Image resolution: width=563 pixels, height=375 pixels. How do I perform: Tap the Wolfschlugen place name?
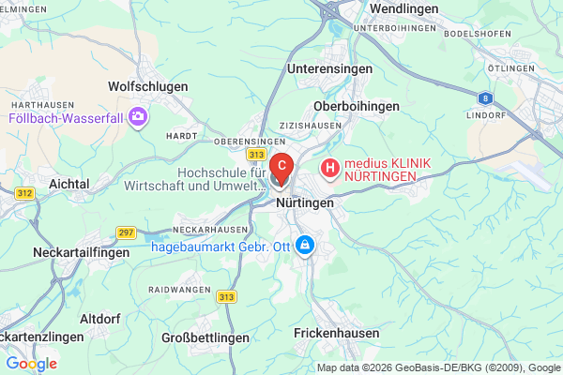click(148, 86)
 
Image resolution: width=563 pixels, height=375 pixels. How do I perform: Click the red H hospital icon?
click(329, 169)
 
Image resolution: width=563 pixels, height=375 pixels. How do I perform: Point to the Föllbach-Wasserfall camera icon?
click(139, 118)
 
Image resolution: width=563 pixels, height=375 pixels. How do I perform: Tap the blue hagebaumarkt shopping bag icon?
click(304, 247)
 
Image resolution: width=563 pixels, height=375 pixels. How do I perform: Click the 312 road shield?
click(24, 193)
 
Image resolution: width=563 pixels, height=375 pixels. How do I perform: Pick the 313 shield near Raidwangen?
click(226, 297)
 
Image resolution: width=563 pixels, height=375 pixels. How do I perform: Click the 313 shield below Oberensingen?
click(256, 154)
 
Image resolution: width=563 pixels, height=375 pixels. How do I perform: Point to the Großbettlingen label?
click(205, 337)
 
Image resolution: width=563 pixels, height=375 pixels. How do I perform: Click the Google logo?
click(31, 364)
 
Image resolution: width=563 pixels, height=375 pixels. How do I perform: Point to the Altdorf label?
click(99, 318)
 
